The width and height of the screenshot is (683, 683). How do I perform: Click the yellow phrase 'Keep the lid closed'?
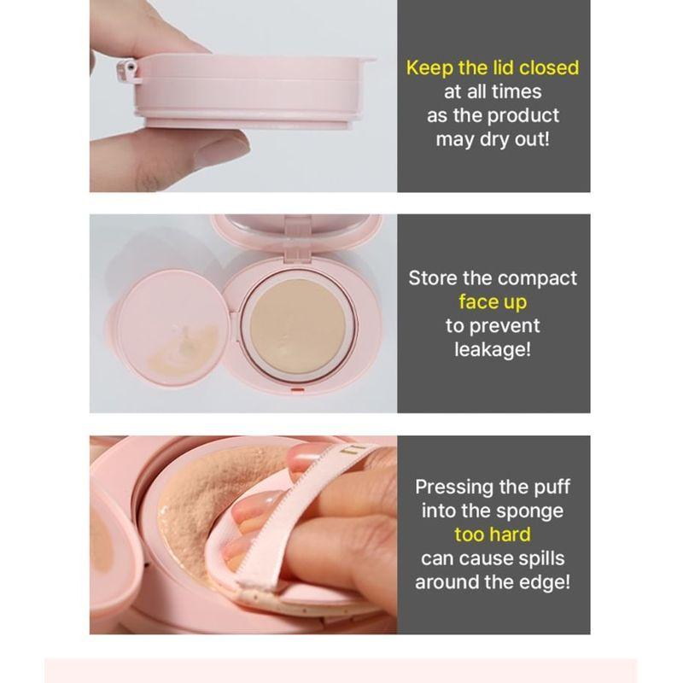[493, 67]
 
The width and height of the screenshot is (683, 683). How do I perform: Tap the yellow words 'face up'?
[493, 301]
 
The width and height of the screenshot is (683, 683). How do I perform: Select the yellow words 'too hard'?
[493, 534]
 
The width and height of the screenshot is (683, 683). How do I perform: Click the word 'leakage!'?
[493, 349]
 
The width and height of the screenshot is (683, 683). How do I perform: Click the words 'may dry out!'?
[493, 139]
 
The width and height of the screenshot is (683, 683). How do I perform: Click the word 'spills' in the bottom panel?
[539, 558]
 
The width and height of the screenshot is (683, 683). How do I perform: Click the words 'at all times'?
[493, 91]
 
